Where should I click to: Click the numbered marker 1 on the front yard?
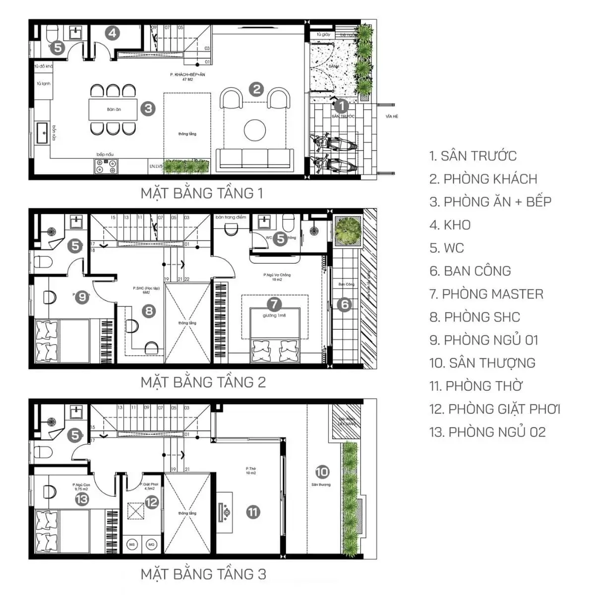coord(341,106)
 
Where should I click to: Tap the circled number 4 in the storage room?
coord(113,33)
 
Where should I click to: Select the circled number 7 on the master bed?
coord(274,304)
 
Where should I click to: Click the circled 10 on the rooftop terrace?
coord(322,472)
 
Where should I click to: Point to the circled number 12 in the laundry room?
coord(151,502)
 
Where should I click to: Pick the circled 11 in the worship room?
coord(253,512)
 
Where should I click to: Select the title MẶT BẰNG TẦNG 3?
coord(203,574)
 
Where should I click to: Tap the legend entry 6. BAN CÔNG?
coord(470,271)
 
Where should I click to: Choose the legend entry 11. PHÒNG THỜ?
coord(476,386)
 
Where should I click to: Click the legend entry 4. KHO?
coord(450,225)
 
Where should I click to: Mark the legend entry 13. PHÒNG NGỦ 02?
coord(487,432)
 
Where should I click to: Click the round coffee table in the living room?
coord(255,130)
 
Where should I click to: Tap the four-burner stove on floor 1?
coord(107,166)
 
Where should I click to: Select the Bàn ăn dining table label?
coord(114,109)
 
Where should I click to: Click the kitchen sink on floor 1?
coord(43,132)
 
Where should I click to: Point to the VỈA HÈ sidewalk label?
coord(392,117)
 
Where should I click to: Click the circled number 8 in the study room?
coord(148,311)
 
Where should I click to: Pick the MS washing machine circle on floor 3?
coord(132,544)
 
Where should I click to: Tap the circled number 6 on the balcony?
coord(344,304)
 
